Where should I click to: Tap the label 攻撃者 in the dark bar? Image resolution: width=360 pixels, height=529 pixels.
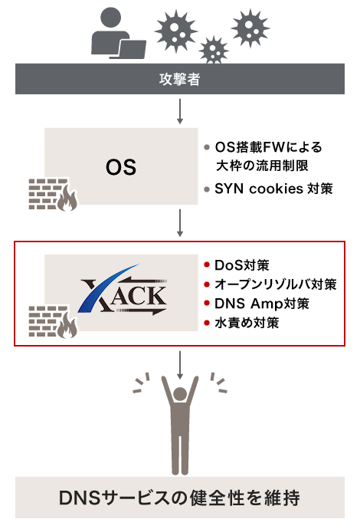(180, 79)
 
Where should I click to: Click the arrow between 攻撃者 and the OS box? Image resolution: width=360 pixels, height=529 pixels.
(180, 110)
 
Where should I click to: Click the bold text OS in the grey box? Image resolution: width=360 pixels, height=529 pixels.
(120, 166)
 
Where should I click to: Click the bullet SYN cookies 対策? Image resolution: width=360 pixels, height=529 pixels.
(273, 189)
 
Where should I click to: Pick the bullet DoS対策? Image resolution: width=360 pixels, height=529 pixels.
(242, 266)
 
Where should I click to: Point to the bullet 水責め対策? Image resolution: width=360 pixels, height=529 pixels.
(247, 323)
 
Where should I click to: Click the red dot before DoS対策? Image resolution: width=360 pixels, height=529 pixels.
(207, 266)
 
